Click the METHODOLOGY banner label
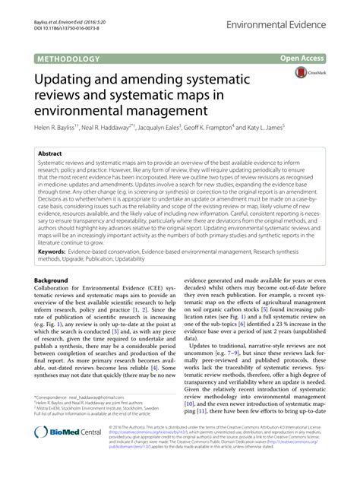click(66, 58)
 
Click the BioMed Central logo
click(59, 453)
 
